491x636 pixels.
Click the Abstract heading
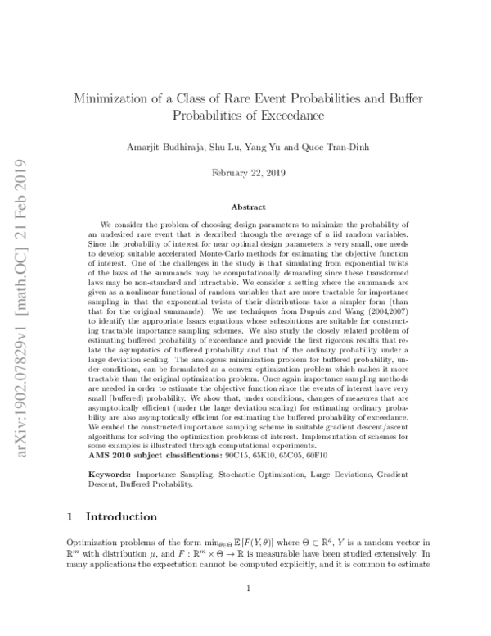pos(245,208)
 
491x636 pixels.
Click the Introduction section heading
pos(121,517)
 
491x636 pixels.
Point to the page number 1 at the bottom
pos(245,609)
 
